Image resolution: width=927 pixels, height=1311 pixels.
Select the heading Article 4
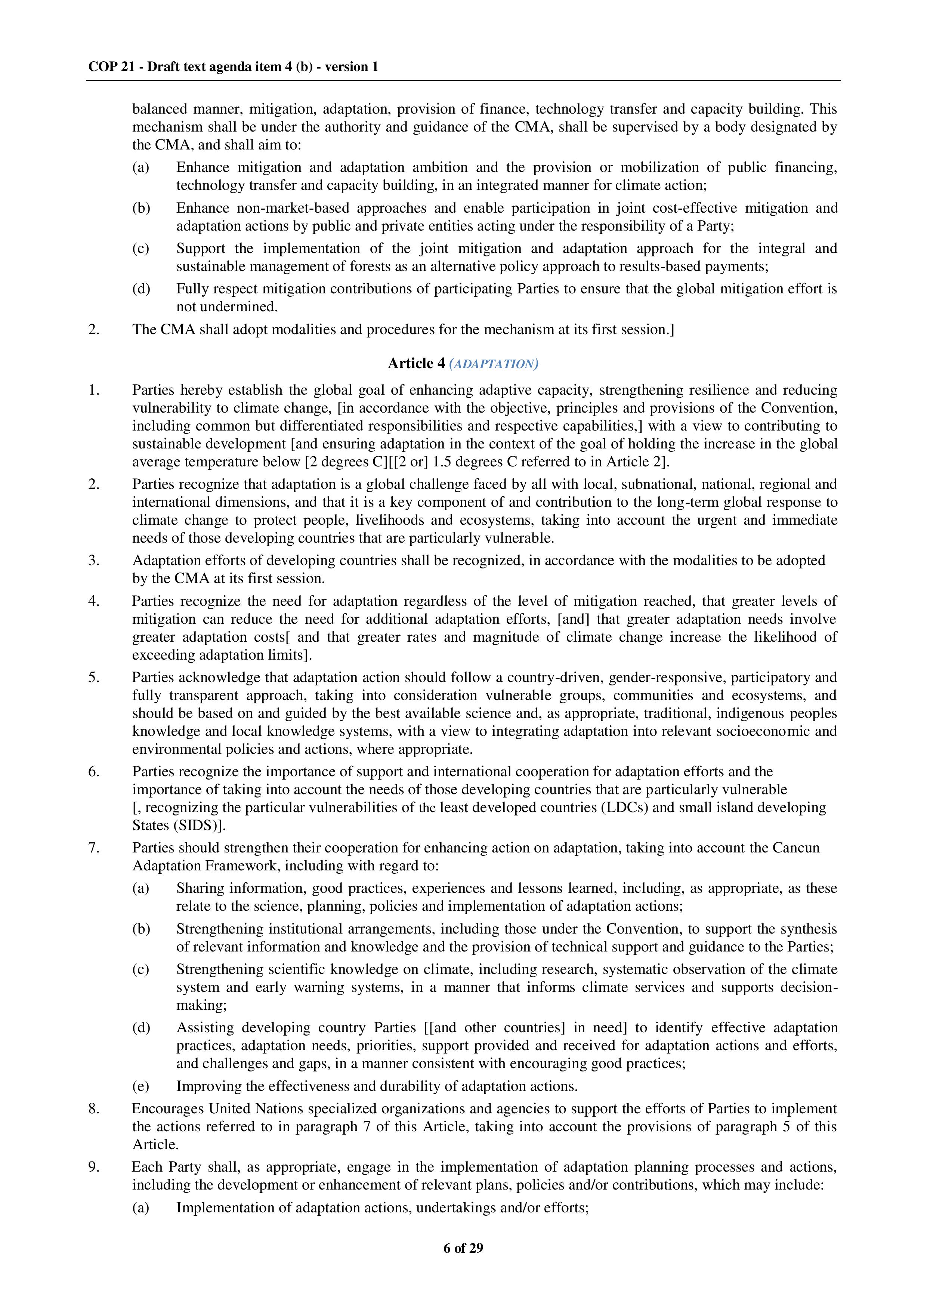pyautogui.click(x=416, y=363)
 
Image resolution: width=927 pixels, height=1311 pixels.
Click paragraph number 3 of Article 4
pyautogui.click(x=94, y=560)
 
